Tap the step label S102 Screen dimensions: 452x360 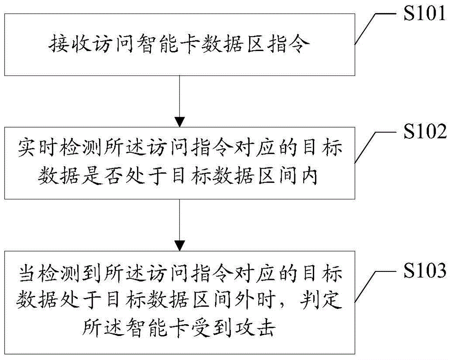(425, 131)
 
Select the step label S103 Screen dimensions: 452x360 (425, 270)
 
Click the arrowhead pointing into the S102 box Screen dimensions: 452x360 (179, 122)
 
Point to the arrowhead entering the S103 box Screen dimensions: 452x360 (179, 246)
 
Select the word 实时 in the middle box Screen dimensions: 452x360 (37, 148)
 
